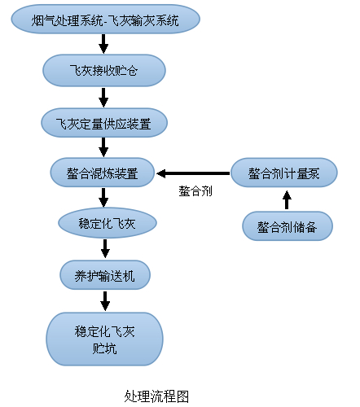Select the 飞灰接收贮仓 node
pyautogui.click(x=103, y=70)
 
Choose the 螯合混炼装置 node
pyautogui.click(x=103, y=173)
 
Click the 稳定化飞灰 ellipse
pyautogui.click(x=107, y=222)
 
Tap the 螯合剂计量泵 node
pyautogui.click(x=283, y=173)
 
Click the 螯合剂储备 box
pyautogui.click(x=288, y=225)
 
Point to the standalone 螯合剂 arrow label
pyautogui.click(x=195, y=192)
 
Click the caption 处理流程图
pyautogui.click(x=156, y=396)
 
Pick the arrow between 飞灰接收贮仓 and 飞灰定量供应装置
pyautogui.click(x=103, y=96)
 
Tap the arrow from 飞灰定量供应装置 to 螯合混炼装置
pyautogui.click(x=103, y=147)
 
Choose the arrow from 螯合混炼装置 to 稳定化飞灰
pyautogui.click(x=103, y=198)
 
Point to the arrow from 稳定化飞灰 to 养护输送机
pyautogui.click(x=104, y=248)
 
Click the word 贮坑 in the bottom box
pyautogui.click(x=104, y=348)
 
